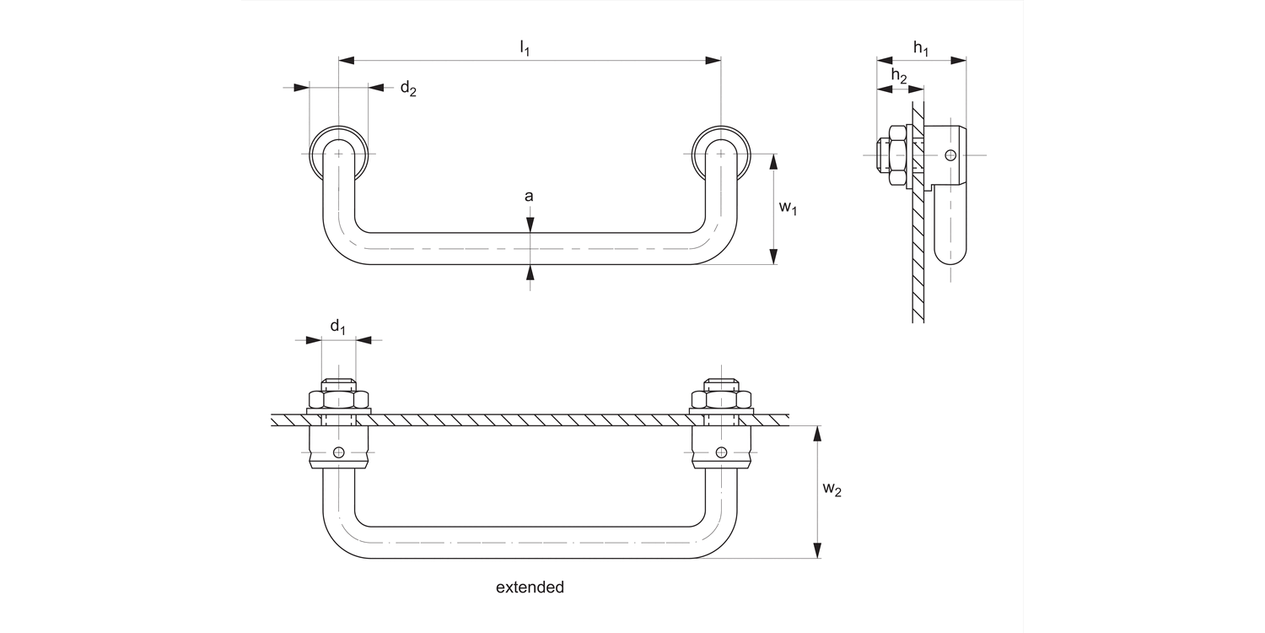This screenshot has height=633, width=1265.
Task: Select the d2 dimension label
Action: [x=407, y=89]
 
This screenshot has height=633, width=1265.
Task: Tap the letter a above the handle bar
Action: [x=529, y=197]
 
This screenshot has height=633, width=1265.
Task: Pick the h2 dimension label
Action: [x=899, y=78]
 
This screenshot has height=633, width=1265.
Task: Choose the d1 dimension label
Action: [x=337, y=327]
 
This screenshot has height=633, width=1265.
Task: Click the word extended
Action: [x=530, y=587]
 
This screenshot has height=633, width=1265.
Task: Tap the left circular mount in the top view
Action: [x=338, y=154]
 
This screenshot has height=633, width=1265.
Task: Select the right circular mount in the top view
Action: [x=721, y=154]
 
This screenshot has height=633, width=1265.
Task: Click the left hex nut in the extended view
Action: [x=338, y=398]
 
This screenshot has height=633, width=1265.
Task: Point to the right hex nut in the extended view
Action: [x=721, y=398]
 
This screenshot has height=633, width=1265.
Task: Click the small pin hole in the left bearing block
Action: [x=338, y=452]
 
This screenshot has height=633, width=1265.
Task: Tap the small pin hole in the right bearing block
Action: [x=721, y=452]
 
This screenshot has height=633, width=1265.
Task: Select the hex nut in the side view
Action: [x=894, y=154]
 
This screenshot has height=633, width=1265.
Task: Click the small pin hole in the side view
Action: [x=950, y=154]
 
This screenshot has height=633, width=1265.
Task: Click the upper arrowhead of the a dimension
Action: [x=530, y=225]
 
